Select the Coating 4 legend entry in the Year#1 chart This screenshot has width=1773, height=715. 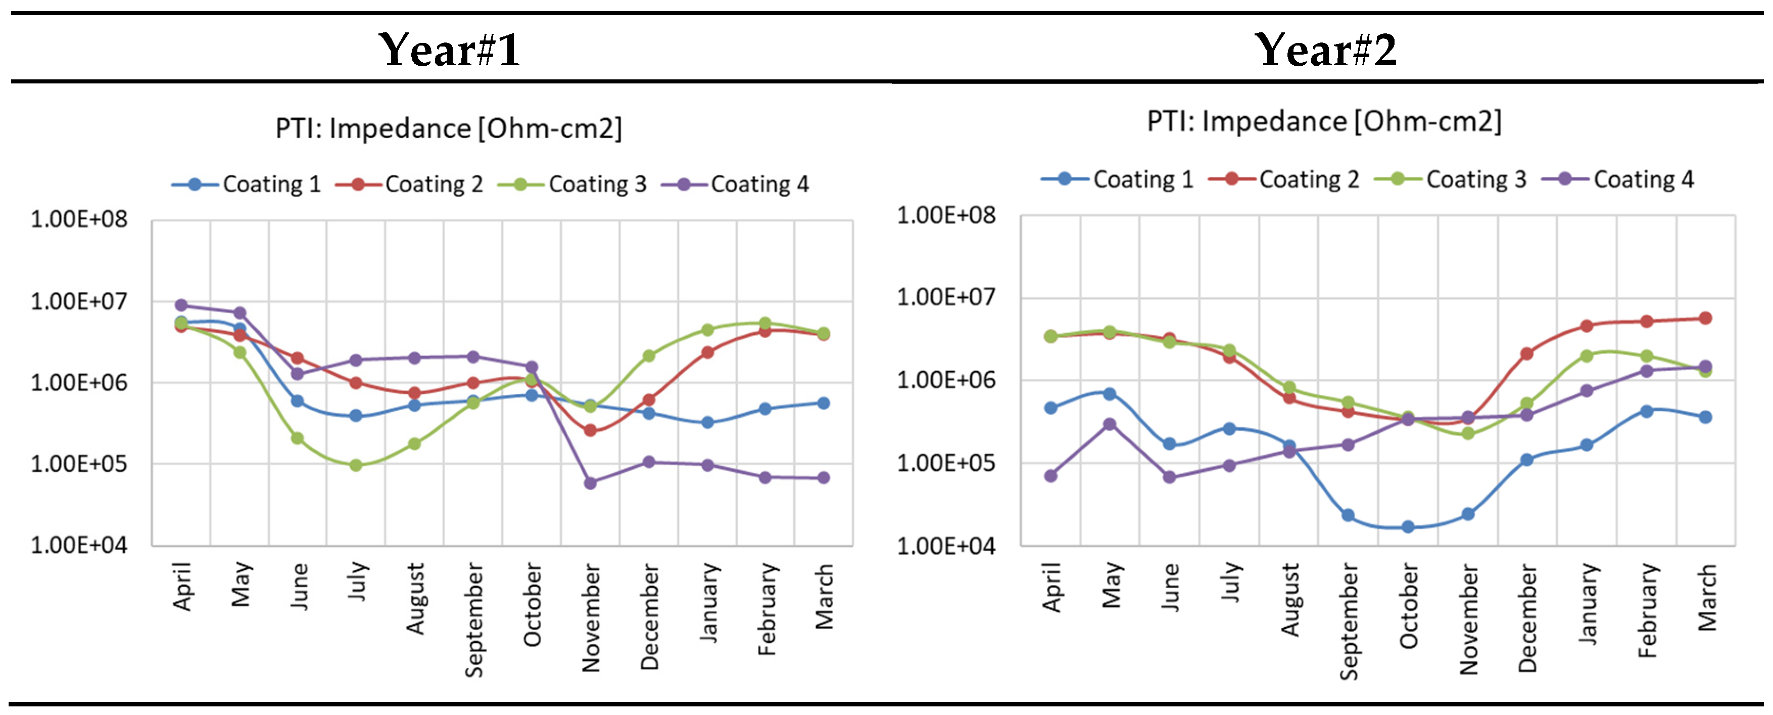(735, 184)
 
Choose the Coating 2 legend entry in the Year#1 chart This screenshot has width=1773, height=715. (410, 184)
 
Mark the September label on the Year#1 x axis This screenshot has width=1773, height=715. (473, 620)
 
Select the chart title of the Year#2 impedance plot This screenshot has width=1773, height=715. (1323, 122)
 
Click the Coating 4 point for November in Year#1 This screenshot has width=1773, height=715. (590, 483)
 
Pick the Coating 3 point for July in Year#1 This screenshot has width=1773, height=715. (356, 465)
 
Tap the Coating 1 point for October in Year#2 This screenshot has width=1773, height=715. (1408, 527)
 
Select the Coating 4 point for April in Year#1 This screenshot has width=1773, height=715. (181, 305)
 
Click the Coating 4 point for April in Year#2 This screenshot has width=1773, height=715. (1051, 476)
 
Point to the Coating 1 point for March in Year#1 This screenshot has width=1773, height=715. (823, 403)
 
